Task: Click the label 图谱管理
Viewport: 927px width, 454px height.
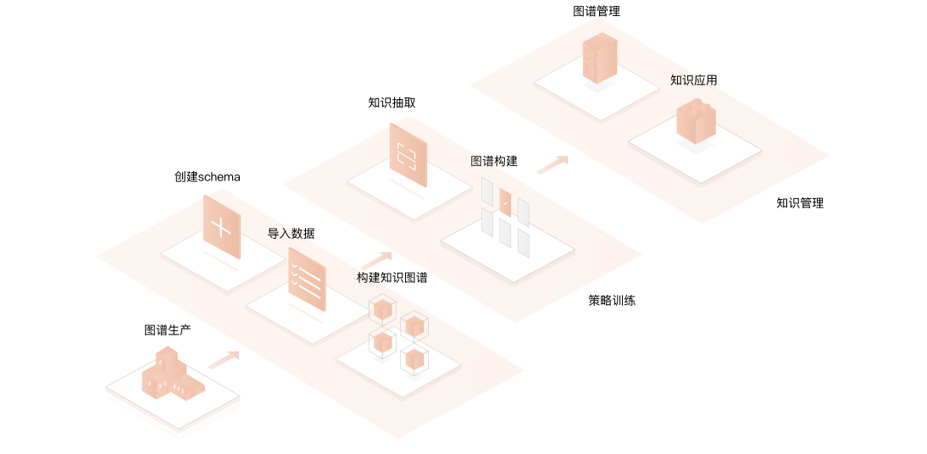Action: coord(596,12)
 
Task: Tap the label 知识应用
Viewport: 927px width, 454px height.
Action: coord(693,80)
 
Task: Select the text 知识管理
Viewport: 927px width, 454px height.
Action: coord(799,203)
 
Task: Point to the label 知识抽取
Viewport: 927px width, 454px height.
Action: coord(391,103)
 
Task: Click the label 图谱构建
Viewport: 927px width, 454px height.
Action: coord(494,161)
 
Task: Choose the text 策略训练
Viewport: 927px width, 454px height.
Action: coord(612,300)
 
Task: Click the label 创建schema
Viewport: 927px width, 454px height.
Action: coord(208,177)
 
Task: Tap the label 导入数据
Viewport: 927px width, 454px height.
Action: coord(291,234)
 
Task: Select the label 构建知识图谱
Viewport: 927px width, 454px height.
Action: coord(391,278)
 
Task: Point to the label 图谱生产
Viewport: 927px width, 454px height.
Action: coord(168,330)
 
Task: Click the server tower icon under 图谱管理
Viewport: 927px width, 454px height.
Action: coord(600,58)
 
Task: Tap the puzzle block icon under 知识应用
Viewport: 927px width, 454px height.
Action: coord(696,121)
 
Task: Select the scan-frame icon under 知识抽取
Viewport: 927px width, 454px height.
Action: coord(408,155)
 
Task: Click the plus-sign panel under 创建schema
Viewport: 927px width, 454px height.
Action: coord(221,227)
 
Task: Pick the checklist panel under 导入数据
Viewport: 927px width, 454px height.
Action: coord(307,279)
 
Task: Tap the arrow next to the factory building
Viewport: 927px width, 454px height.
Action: coord(224,360)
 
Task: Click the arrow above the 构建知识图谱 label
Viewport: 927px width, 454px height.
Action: coord(375,260)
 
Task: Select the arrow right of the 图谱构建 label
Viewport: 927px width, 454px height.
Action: coord(552,164)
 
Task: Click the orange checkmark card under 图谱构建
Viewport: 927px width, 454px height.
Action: coord(505,202)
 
